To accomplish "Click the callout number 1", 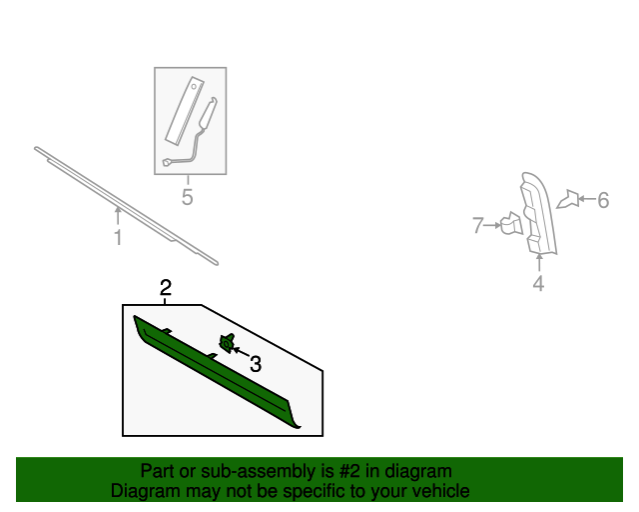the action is point(118,238).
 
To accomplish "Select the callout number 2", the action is point(166,288).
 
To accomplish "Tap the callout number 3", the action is point(256,364).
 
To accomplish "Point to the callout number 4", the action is point(538,283).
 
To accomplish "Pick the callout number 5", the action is point(187,197).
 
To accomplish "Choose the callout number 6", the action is point(603,200).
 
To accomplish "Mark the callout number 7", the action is point(478,225).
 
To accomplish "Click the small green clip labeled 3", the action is point(227,343).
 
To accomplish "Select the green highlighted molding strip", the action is point(216,370).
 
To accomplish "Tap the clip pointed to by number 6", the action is point(569,199).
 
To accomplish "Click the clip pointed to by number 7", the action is point(511,224).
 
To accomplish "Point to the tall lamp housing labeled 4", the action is point(537,213).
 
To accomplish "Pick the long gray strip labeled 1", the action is point(126,206).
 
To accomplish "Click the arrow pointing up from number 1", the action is point(118,216).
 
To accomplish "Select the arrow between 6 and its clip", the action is point(587,199).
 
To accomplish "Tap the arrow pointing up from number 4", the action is point(539,262).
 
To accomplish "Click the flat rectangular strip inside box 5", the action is point(185,110).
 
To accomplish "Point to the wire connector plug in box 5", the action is point(167,162).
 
